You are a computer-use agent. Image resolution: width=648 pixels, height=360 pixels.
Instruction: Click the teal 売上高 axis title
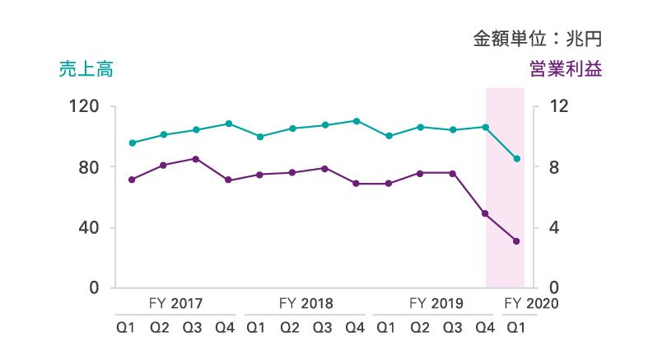pos(86,70)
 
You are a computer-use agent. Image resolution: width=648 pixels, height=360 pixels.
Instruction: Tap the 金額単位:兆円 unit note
pos(538,38)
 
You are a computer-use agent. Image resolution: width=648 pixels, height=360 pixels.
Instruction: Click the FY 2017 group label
pos(176,304)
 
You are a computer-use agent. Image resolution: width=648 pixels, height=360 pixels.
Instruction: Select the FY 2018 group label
pos(306,304)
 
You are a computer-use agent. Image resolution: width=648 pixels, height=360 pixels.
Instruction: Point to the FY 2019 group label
pos(436,304)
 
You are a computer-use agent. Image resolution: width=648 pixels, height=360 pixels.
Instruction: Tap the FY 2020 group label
pos(531,304)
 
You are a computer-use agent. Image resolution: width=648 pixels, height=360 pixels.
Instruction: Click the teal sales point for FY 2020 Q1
pos(517,159)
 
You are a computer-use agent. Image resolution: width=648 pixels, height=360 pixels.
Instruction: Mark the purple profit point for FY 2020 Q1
pos(517,241)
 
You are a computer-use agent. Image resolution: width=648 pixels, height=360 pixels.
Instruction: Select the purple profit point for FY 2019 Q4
pos(485,213)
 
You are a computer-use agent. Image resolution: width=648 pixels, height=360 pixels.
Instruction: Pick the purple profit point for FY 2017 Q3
pos(195,159)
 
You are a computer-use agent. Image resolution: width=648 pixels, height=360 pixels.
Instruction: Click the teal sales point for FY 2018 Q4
pos(356,121)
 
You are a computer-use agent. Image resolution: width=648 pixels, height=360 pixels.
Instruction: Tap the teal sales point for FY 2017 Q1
pos(132,143)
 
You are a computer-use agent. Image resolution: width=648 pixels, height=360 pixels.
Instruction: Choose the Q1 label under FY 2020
pos(516,328)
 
